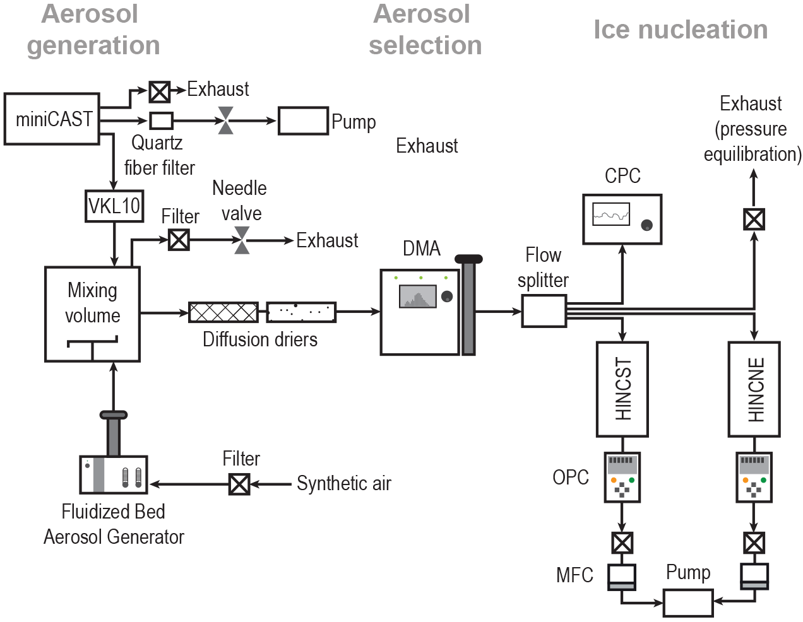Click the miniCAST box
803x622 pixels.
coord(52,119)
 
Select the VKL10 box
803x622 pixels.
coord(114,206)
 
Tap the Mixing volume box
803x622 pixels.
coord(92,314)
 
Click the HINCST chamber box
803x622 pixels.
coord(622,389)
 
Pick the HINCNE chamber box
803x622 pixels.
coord(754,389)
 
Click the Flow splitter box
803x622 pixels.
coord(544,311)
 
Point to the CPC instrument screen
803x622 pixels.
coord(611,214)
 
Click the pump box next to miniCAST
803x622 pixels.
coord(303,120)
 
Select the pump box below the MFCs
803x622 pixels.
coord(688,602)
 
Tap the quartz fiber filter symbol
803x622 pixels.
coord(161,120)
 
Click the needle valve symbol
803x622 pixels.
coord(242,240)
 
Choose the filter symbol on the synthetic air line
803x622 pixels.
coord(239,484)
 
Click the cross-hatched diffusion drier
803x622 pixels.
coord(223,312)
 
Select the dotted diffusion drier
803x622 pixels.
coord(301,312)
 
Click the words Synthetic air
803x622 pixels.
coord(344,484)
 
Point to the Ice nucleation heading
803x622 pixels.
coord(681,30)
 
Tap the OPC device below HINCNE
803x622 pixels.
coord(754,477)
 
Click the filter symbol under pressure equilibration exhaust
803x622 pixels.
coord(754,219)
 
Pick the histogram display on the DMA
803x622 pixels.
coord(417,296)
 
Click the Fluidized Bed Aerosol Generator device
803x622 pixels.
coord(114,474)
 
